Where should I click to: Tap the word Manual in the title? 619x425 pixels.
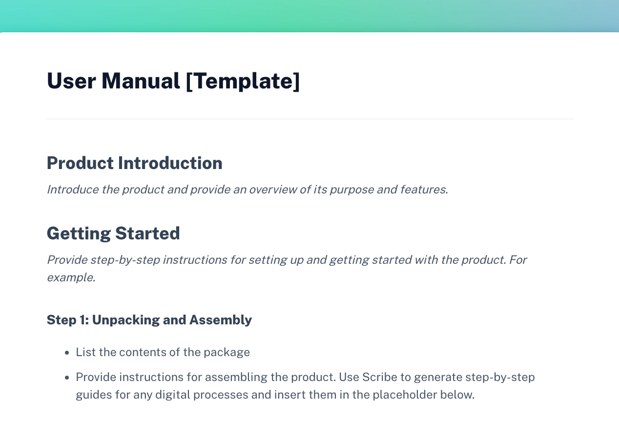141,81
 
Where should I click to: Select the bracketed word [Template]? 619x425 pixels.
243,81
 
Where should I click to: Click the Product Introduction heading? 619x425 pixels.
134,163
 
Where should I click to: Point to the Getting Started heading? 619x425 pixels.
113,234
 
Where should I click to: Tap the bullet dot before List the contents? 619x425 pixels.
67,353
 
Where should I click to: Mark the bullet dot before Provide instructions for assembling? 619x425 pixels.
67,378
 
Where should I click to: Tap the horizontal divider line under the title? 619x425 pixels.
309,119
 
